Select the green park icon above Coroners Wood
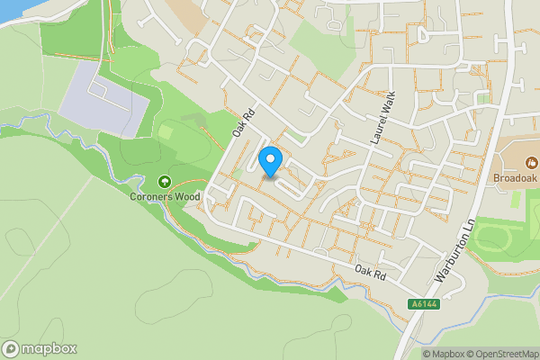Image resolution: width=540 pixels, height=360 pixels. pos(163,182)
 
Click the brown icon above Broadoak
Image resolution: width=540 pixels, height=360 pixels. pos(531,163)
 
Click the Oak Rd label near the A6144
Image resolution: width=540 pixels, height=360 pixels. pos(370,271)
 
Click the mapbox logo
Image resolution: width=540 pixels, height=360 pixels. pos(40,348)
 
